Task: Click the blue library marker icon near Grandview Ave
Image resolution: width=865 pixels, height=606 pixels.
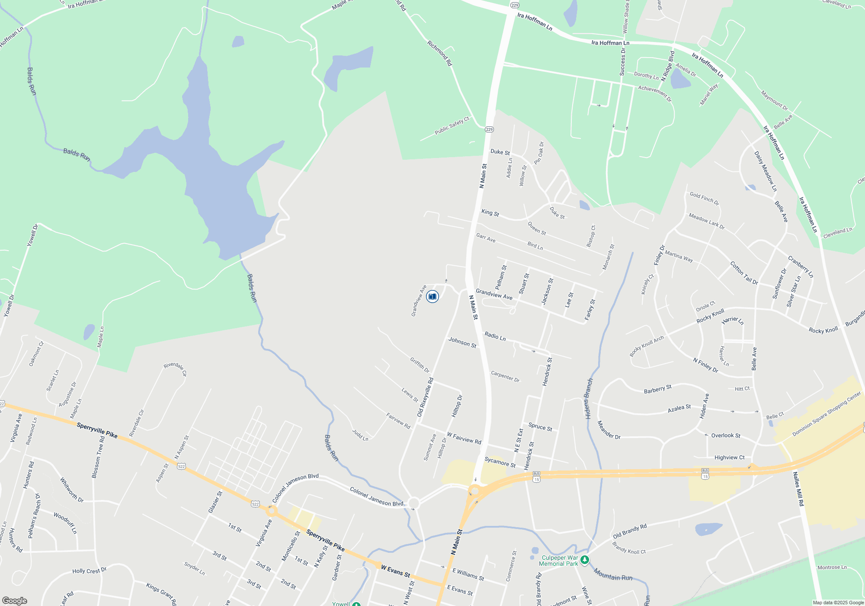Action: [432, 297]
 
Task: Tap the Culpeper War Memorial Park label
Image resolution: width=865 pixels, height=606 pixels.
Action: [558, 561]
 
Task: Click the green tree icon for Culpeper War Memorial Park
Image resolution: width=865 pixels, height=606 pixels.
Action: [584, 560]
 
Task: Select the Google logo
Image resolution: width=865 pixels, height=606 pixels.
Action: [15, 600]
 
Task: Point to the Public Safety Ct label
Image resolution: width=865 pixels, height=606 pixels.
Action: [452, 126]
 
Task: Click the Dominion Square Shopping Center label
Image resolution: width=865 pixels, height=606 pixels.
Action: [826, 414]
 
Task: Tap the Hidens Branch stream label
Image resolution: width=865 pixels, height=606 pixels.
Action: [589, 399]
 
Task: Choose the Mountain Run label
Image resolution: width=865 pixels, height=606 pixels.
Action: [613, 574]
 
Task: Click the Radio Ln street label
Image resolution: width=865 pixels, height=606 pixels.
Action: [495, 336]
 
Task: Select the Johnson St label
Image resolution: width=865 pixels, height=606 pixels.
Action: [462, 342]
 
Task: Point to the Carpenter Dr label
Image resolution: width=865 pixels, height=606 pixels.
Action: [505, 376]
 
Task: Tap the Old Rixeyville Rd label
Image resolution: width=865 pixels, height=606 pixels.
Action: [425, 397]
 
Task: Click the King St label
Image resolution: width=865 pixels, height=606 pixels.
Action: [490, 213]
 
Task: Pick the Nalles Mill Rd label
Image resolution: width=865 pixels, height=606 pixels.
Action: [798, 489]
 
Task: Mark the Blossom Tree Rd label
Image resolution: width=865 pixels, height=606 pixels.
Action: [98, 457]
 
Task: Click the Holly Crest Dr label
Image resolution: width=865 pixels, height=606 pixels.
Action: [89, 571]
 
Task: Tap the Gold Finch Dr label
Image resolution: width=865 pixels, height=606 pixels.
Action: [704, 198]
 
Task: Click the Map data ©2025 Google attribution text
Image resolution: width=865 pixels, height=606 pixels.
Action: [838, 603]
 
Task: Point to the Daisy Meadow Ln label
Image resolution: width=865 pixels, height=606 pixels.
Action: [766, 171]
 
